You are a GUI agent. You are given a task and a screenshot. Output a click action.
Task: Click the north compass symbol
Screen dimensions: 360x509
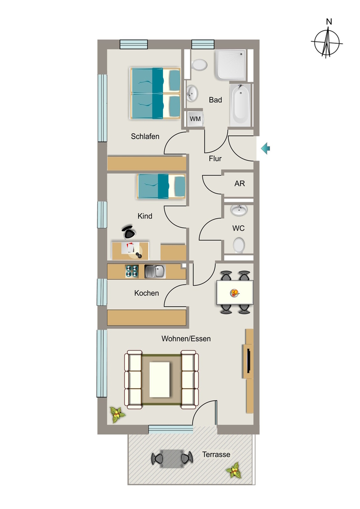pos(327,42)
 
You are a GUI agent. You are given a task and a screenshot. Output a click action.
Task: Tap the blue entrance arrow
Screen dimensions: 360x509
pos(266,148)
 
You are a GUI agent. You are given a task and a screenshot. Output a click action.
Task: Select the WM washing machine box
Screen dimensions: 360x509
pos(195,119)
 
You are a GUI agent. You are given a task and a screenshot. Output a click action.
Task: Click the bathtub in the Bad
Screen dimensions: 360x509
pos(240,105)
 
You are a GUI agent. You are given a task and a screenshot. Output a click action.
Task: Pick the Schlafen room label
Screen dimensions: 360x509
pos(145,136)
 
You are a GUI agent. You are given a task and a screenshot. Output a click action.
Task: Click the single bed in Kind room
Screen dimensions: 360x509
pos(161,186)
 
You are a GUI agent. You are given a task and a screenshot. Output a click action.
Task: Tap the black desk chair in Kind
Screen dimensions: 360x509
pos(129,232)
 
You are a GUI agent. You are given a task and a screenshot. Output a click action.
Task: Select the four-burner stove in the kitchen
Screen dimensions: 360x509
pos(132,271)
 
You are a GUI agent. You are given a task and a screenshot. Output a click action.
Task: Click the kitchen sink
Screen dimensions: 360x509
pos(155,271)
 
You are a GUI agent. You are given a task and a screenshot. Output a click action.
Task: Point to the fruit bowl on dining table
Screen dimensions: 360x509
pos(234,293)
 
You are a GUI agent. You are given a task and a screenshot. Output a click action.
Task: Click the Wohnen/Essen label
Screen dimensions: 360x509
pos(186,339)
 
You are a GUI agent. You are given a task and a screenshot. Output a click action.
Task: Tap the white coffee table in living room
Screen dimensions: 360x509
pos(160,379)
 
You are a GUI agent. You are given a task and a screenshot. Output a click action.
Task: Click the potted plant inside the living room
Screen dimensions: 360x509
pos(117,415)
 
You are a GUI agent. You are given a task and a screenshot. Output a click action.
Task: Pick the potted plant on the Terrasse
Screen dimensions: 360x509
pos(234,470)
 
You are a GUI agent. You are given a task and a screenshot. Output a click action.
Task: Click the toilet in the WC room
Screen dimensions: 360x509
pos(239,245)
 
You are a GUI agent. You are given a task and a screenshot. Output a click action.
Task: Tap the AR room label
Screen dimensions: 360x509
pos(240,183)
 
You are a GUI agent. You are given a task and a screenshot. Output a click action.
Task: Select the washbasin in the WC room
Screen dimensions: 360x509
pos(239,210)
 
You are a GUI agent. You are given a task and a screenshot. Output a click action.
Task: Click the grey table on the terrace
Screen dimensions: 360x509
pos(172,459)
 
